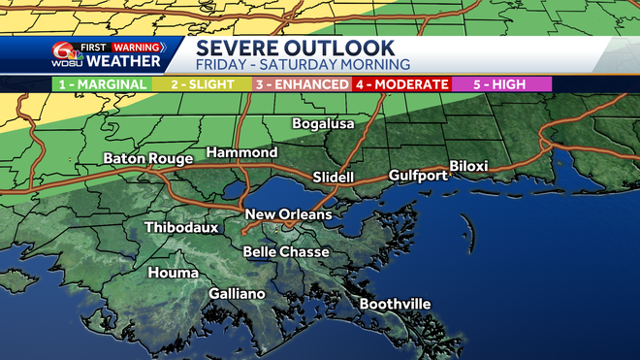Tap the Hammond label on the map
click(240, 153)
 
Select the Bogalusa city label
click(325, 124)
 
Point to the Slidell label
click(335, 178)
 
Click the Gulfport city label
click(418, 176)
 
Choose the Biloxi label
click(472, 165)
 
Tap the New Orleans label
click(288, 214)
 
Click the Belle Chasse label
click(286, 252)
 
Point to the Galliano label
click(237, 294)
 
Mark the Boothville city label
click(395, 305)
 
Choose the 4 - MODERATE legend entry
click(400, 84)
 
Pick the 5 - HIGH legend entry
click(501, 84)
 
